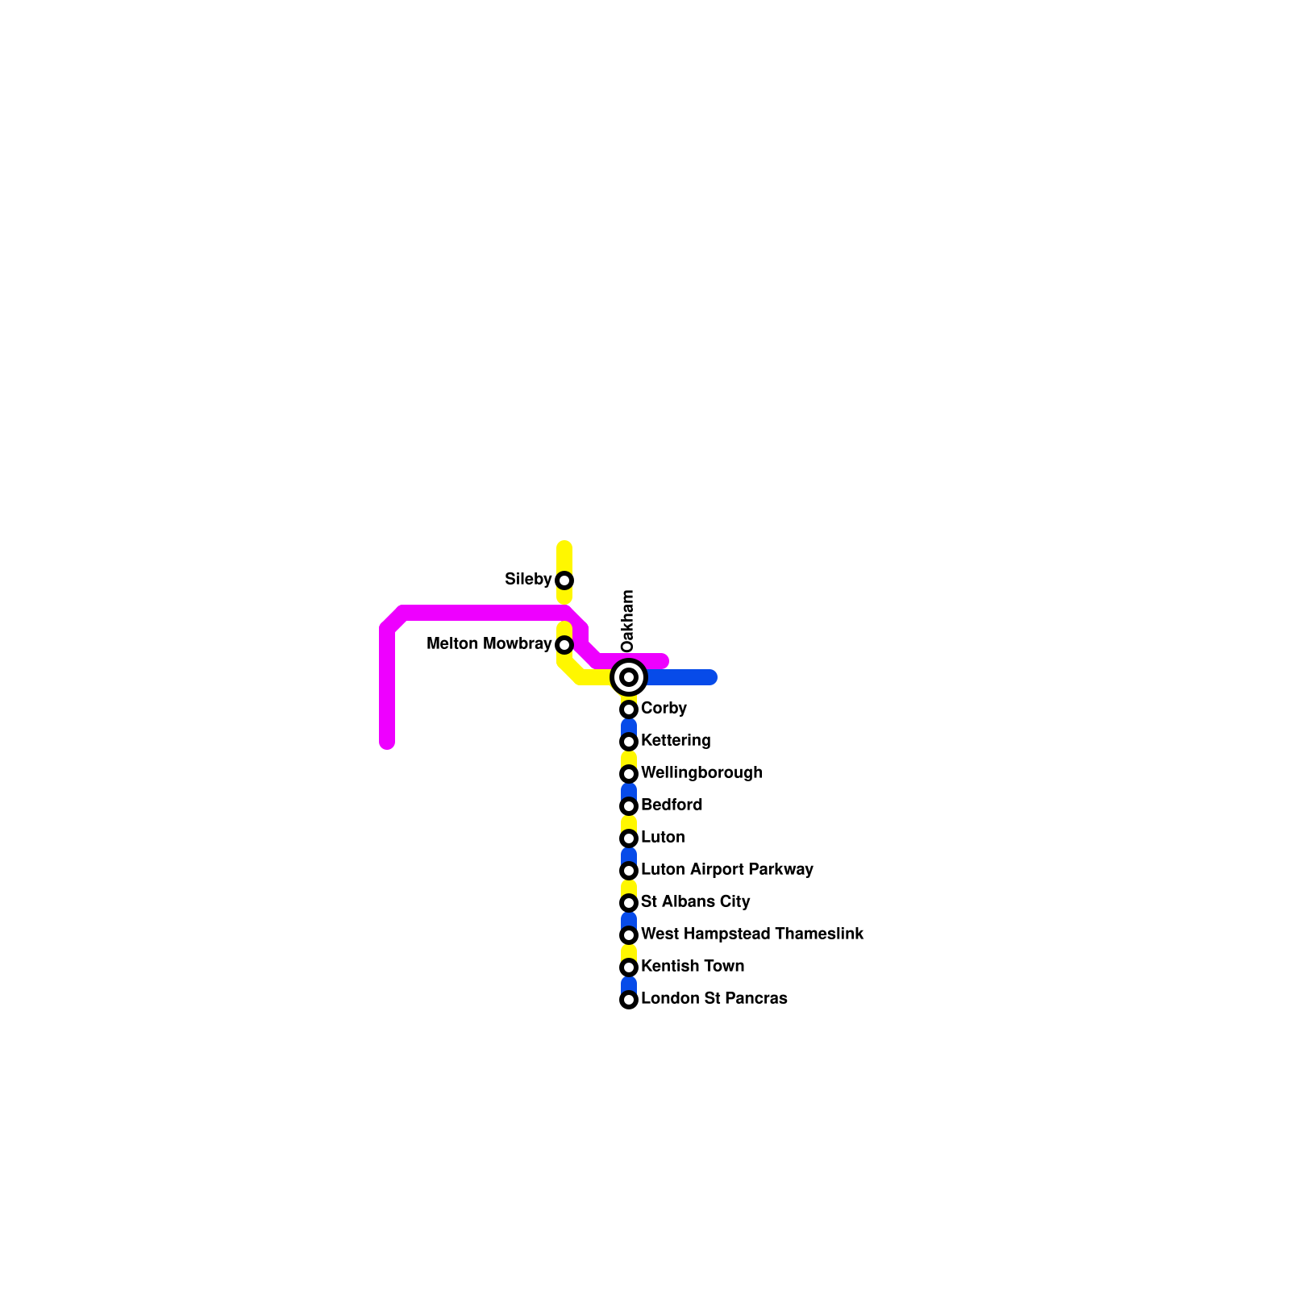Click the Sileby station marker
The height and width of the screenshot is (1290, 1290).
(x=564, y=580)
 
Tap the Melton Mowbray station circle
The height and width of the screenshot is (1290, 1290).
(x=564, y=645)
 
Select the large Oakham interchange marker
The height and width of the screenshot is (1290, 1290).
(x=629, y=677)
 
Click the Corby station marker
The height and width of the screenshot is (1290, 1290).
(x=629, y=709)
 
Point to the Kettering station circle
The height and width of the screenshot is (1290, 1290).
(x=629, y=742)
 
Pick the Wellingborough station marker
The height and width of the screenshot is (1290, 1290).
(x=629, y=774)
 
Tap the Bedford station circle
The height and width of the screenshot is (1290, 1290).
(x=629, y=806)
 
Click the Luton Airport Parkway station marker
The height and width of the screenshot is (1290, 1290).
(x=629, y=871)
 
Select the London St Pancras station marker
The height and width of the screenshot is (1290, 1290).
(x=629, y=1000)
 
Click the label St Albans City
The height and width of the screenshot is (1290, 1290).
(x=695, y=901)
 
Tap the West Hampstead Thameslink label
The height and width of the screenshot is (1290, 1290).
(x=751, y=934)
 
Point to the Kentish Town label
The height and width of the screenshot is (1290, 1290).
(x=692, y=966)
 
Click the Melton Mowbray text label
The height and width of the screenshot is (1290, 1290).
(x=489, y=643)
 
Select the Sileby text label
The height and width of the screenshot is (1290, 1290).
(x=527, y=579)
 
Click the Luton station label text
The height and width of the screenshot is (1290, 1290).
(x=662, y=837)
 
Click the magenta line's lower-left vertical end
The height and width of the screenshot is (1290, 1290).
(x=387, y=738)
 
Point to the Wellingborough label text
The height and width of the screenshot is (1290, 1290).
(x=701, y=772)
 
